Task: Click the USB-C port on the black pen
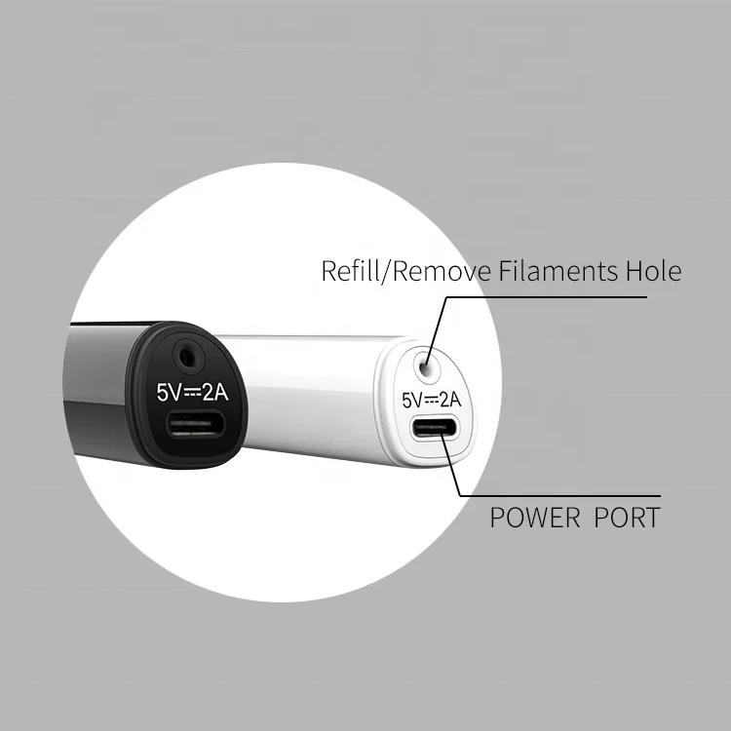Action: click(195, 425)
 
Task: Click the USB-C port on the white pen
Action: click(432, 429)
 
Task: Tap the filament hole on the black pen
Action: click(185, 356)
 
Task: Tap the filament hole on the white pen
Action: click(425, 366)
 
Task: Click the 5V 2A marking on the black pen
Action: click(192, 392)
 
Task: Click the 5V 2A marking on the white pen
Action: click(431, 399)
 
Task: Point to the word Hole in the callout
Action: click(651, 271)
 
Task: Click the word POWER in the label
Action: click(536, 517)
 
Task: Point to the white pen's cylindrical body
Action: click(302, 390)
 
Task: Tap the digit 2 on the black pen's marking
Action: click(208, 392)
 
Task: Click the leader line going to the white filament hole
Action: click(436, 327)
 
